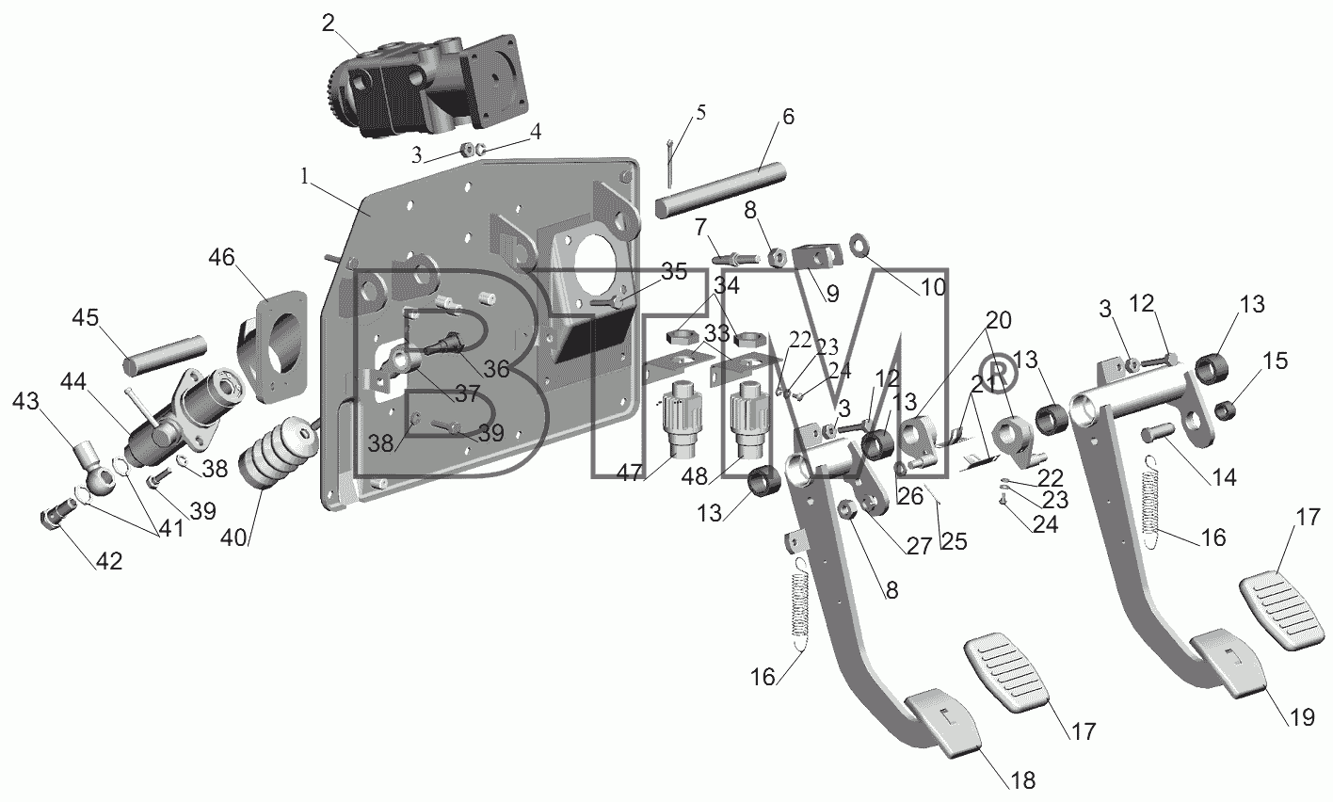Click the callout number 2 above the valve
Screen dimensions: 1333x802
(329, 24)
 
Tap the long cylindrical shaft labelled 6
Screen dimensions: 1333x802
(721, 190)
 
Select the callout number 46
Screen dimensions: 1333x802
(221, 258)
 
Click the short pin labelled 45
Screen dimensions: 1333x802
(165, 355)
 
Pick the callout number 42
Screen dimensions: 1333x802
(109, 561)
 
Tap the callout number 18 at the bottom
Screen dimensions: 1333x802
(1022, 780)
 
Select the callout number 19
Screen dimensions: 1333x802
(1301, 717)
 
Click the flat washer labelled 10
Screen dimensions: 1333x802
(859, 245)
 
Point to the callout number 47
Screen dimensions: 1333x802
(629, 473)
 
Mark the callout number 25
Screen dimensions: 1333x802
(954, 541)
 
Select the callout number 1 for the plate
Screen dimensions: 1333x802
(305, 176)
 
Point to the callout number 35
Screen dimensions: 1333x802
(674, 271)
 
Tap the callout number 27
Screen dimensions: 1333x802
(918, 546)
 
